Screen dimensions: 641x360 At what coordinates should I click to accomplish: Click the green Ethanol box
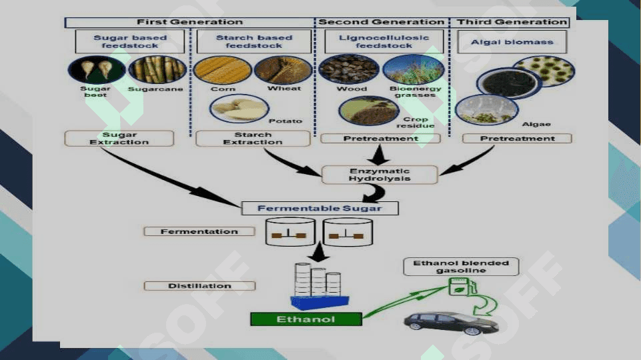pyautogui.click(x=305, y=319)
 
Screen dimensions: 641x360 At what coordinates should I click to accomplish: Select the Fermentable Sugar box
pyautogui.click(x=319, y=209)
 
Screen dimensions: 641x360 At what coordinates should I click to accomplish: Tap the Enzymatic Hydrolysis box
pyautogui.click(x=380, y=175)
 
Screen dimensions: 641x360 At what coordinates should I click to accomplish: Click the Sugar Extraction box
pyautogui.click(x=119, y=139)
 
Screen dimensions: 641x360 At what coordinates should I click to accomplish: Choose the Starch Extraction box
pyautogui.click(x=253, y=139)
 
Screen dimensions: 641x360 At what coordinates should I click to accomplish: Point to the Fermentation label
pyautogui.click(x=199, y=232)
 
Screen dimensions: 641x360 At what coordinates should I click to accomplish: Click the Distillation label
pyautogui.click(x=199, y=286)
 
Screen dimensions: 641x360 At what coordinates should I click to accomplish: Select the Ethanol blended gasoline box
pyautogui.click(x=461, y=267)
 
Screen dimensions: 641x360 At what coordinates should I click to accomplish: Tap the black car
pyautogui.click(x=451, y=323)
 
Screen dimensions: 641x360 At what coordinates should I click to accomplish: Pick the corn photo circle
pyautogui.click(x=222, y=70)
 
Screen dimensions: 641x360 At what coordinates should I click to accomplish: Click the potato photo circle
pyautogui.click(x=239, y=109)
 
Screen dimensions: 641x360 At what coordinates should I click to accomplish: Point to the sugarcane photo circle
pyautogui.click(x=157, y=70)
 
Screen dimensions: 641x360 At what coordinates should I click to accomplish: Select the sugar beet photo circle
pyautogui.click(x=97, y=70)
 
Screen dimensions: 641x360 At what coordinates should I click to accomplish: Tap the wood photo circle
pyautogui.click(x=349, y=69)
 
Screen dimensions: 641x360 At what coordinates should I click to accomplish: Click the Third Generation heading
pyautogui.click(x=512, y=22)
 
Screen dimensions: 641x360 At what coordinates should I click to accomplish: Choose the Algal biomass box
pyautogui.click(x=512, y=42)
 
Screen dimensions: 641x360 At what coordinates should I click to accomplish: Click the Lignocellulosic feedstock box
pyautogui.click(x=384, y=41)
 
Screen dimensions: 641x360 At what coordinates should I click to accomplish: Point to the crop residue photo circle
pyautogui.click(x=369, y=111)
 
